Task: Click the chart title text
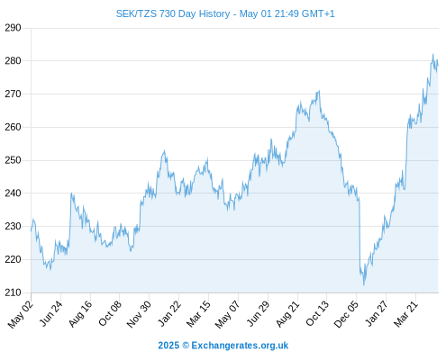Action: coord(225,13)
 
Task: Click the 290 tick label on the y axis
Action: coord(13,28)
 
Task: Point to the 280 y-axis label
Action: coord(13,61)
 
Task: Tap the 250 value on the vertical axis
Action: coord(13,160)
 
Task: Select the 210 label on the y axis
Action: coord(13,292)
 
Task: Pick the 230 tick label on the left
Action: coord(13,226)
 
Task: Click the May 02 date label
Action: coord(21,314)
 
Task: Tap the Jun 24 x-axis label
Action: coord(51,313)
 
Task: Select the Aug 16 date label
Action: coord(80,313)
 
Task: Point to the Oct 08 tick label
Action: coord(110,313)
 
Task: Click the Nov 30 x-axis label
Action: coord(139,314)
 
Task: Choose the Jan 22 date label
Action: coord(169,313)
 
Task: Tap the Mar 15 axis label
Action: coord(198,314)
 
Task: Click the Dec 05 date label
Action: coord(346,314)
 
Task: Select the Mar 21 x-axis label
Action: coord(405,313)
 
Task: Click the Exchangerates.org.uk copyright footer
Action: coord(223,346)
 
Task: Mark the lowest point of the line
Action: coord(364,284)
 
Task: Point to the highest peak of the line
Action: coord(432,54)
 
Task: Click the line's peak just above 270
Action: coord(319,91)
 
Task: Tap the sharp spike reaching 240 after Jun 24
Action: coord(71,193)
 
